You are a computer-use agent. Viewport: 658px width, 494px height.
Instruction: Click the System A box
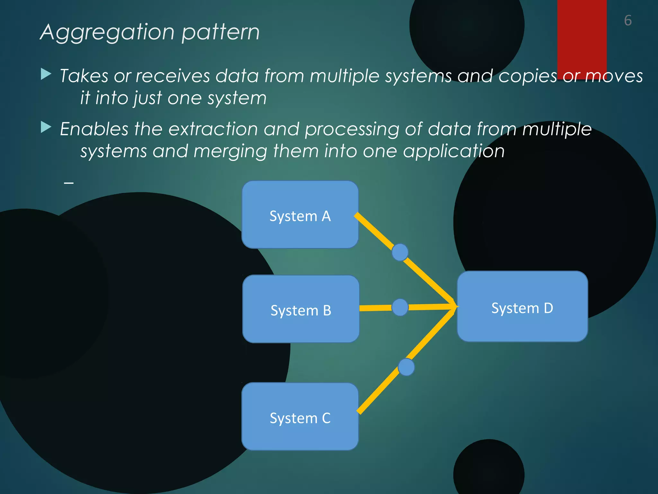pos(300,215)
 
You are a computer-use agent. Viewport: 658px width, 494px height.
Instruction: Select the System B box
pos(301,309)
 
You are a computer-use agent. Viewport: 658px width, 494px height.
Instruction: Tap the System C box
pos(300,417)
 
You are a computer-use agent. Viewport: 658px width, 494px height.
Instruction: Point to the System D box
pos(522,307)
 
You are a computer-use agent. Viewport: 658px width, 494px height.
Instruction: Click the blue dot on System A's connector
pos(400,252)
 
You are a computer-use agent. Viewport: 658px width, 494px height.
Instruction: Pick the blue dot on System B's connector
pos(400,307)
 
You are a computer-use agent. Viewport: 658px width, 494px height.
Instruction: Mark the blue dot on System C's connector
pos(406,367)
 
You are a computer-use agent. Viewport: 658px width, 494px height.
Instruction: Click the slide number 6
pos(628,21)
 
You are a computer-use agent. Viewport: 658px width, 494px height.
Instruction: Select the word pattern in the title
pos(220,33)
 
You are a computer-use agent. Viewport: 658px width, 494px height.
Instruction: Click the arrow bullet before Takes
pos(46,74)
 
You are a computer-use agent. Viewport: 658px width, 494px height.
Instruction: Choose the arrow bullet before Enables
pos(46,127)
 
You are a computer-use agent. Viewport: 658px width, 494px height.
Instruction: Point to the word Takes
pos(84,76)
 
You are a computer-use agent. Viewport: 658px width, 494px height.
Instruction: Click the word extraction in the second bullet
pos(213,129)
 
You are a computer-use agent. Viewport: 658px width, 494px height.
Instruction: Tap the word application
pos(454,151)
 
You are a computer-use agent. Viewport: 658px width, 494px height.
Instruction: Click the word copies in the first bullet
pos(528,77)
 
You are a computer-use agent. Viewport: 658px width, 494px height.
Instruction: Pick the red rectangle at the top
pos(582,35)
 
